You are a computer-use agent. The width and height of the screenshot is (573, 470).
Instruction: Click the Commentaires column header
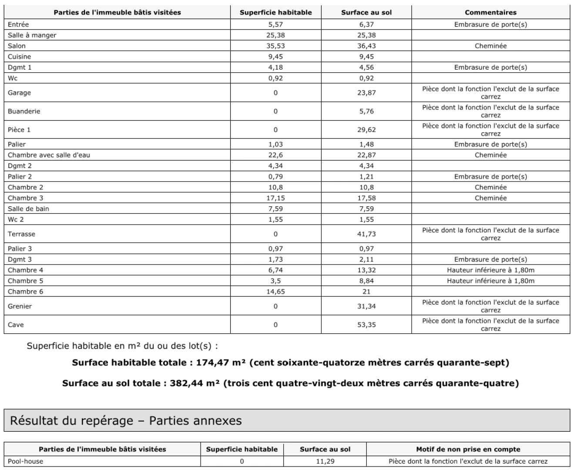point(490,13)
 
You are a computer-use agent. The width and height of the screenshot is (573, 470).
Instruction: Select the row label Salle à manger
point(32,35)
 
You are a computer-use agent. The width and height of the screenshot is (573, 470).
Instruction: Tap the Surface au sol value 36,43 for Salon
point(366,46)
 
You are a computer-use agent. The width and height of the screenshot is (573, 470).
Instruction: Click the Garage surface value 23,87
point(366,93)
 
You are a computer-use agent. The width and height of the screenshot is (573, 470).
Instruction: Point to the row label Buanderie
point(24,111)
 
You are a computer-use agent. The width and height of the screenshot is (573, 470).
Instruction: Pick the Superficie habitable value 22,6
point(275,155)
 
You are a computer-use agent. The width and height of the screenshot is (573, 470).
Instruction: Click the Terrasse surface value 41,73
point(366,234)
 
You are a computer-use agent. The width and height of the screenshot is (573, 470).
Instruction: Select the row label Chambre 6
point(25,292)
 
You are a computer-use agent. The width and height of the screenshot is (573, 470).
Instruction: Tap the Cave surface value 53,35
point(366,325)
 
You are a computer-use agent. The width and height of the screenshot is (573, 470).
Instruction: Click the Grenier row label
point(20,306)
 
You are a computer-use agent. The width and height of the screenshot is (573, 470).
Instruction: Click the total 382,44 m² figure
point(192,383)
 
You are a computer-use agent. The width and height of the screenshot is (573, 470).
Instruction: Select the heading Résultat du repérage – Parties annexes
point(126,421)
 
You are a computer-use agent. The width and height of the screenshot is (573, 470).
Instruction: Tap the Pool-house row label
point(25,461)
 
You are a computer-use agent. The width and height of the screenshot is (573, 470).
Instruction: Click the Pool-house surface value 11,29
point(325,461)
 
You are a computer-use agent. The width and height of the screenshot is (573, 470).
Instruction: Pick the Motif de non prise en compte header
point(468,449)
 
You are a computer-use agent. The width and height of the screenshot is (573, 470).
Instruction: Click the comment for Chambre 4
point(490,270)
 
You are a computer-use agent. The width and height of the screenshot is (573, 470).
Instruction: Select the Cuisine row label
point(19,57)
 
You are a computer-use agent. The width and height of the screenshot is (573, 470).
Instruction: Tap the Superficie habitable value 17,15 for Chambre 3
point(275,198)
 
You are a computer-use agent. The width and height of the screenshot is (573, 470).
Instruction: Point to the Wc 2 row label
point(16,220)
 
